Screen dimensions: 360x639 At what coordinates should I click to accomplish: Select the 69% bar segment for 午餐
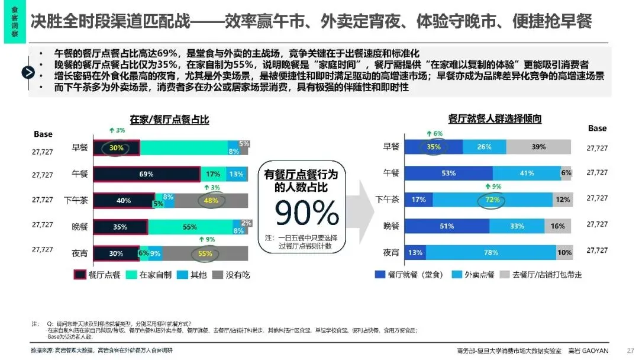[147, 174]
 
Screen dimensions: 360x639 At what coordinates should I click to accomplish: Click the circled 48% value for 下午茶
[211, 201]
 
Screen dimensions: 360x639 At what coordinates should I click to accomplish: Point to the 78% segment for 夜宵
[490, 253]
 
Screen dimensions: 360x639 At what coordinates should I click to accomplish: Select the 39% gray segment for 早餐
[538, 147]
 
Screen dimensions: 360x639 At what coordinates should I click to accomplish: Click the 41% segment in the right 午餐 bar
[527, 173]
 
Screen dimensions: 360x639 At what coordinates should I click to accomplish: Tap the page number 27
[630, 350]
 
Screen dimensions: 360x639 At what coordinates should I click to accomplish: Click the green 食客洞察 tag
[14, 21]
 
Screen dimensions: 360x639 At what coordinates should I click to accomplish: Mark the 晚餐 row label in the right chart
[391, 226]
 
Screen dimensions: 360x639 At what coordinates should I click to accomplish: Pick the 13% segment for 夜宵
[415, 253]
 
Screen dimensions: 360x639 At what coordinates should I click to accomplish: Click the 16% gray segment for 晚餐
[557, 226]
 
